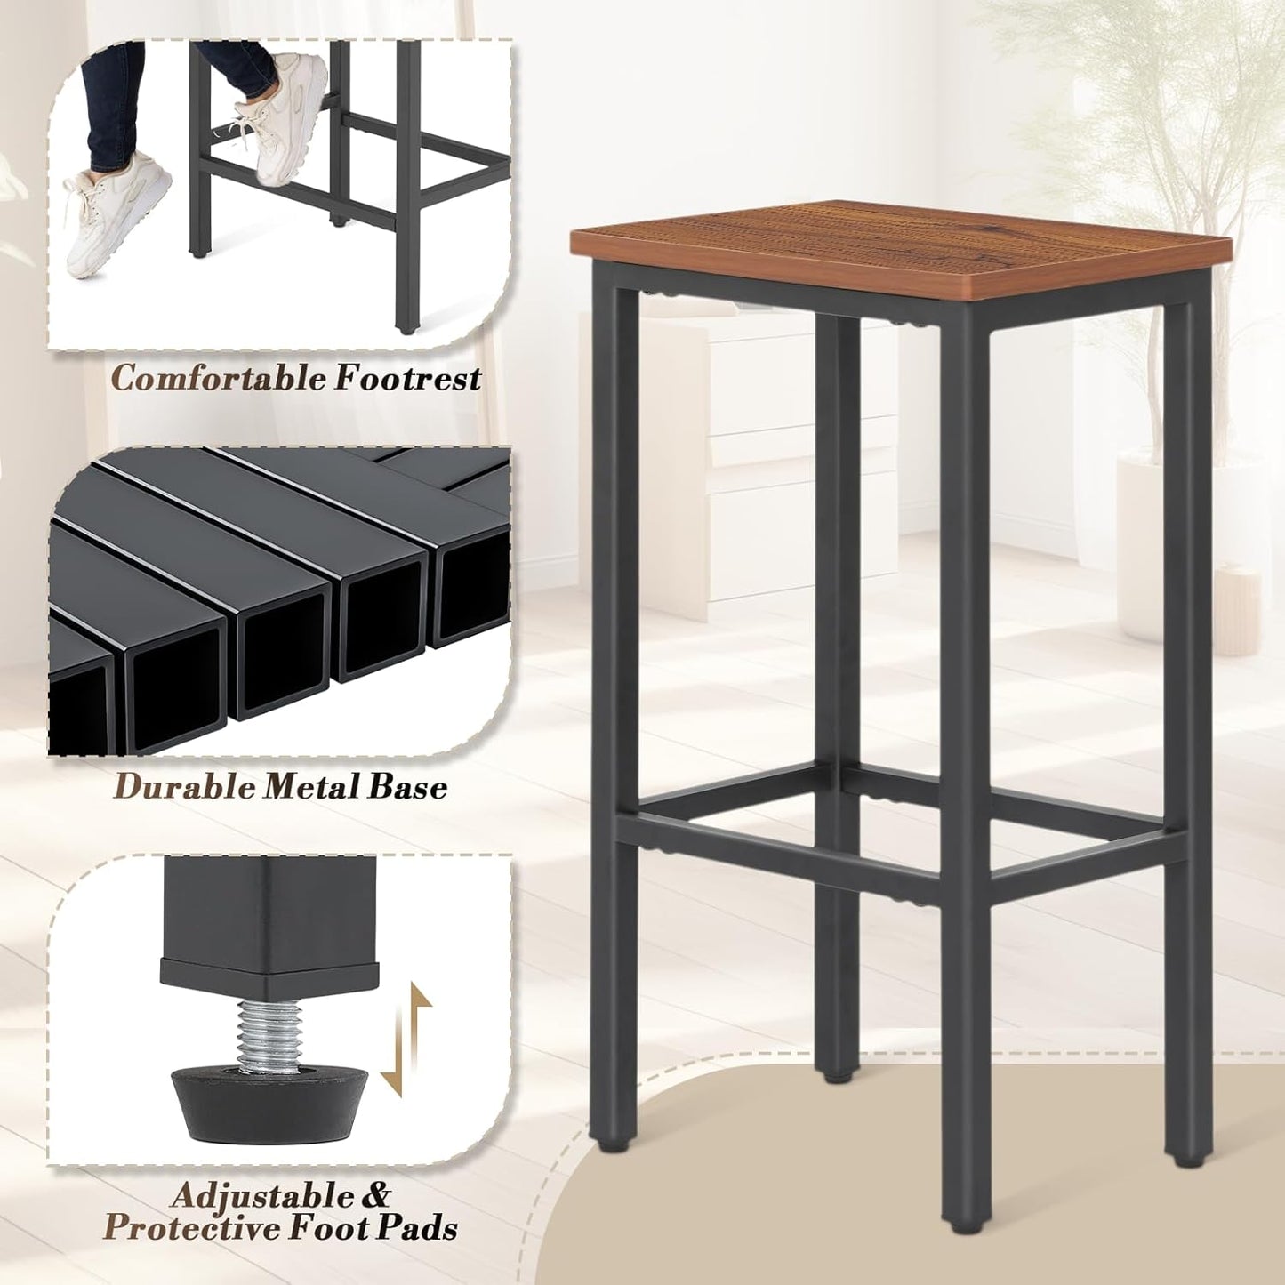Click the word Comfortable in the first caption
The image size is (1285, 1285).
point(219,379)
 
